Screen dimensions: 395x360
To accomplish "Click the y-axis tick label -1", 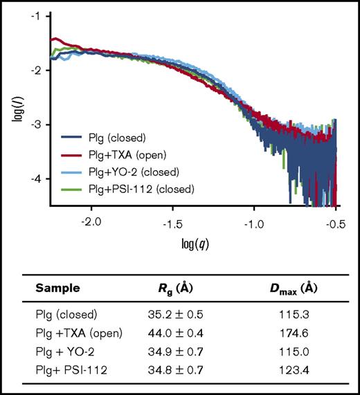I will tap(35, 15).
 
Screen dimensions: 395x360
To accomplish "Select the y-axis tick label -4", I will tap(35, 178).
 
